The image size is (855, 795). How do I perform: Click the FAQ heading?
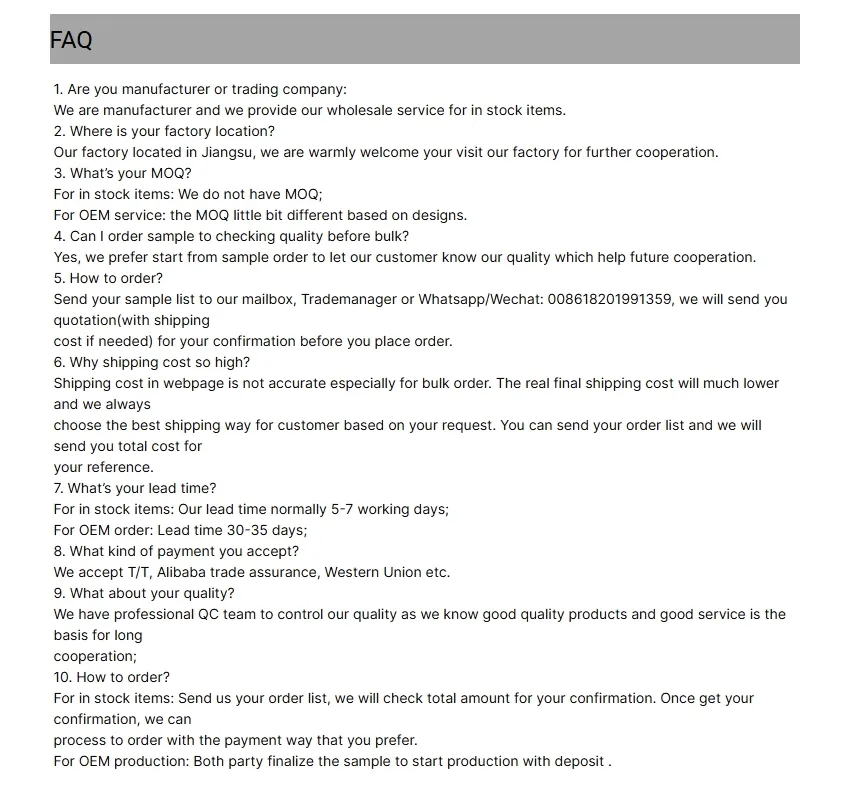point(71,40)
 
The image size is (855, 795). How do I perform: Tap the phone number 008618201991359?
point(609,299)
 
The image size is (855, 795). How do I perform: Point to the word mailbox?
point(263,299)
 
